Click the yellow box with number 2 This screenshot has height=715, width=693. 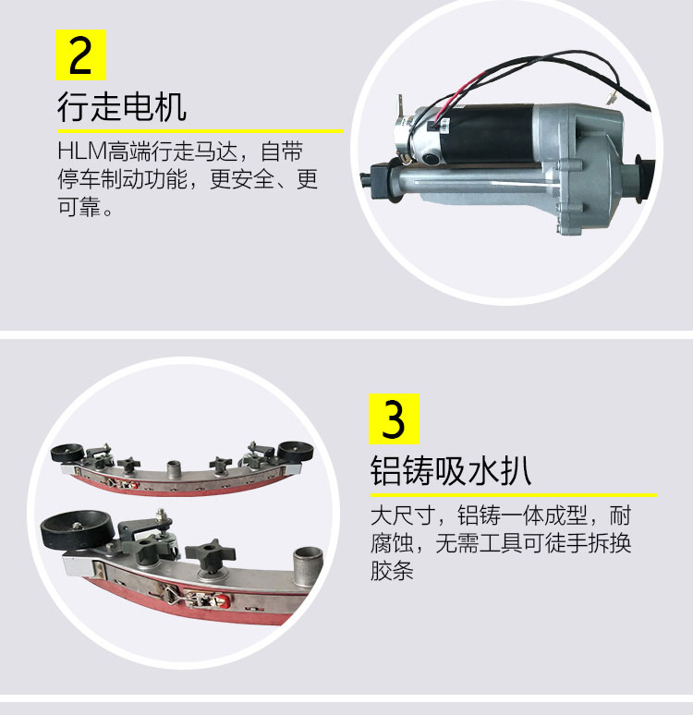[80, 55]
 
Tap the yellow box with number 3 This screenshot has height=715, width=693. [394, 418]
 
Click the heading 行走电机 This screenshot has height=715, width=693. [122, 107]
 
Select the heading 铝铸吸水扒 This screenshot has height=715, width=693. [451, 470]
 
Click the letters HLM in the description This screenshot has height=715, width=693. [82, 151]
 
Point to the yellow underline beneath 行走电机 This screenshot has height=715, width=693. [201, 131]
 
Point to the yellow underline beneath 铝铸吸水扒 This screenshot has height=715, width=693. [513, 495]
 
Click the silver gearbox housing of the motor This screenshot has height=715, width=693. [584, 164]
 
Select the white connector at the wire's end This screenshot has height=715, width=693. [611, 97]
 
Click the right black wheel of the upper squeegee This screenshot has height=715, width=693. [296, 451]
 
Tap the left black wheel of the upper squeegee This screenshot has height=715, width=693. [67, 453]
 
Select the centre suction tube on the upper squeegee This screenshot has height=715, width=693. [174, 468]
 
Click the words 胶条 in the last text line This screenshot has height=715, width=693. [392, 571]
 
